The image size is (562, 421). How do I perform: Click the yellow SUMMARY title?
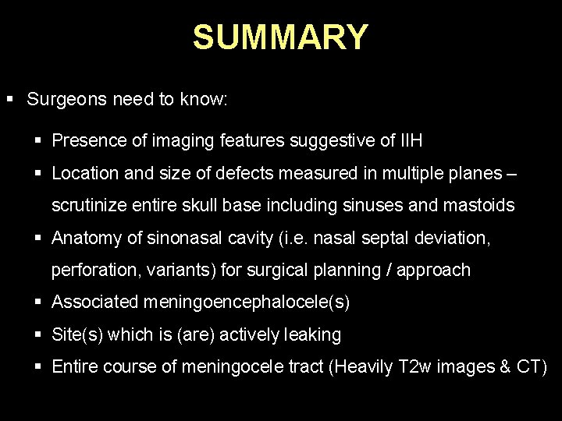(x=280, y=37)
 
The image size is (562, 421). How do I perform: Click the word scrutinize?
(x=87, y=206)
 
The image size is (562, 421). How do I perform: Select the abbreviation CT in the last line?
(x=528, y=367)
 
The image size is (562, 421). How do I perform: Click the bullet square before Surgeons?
(x=10, y=100)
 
